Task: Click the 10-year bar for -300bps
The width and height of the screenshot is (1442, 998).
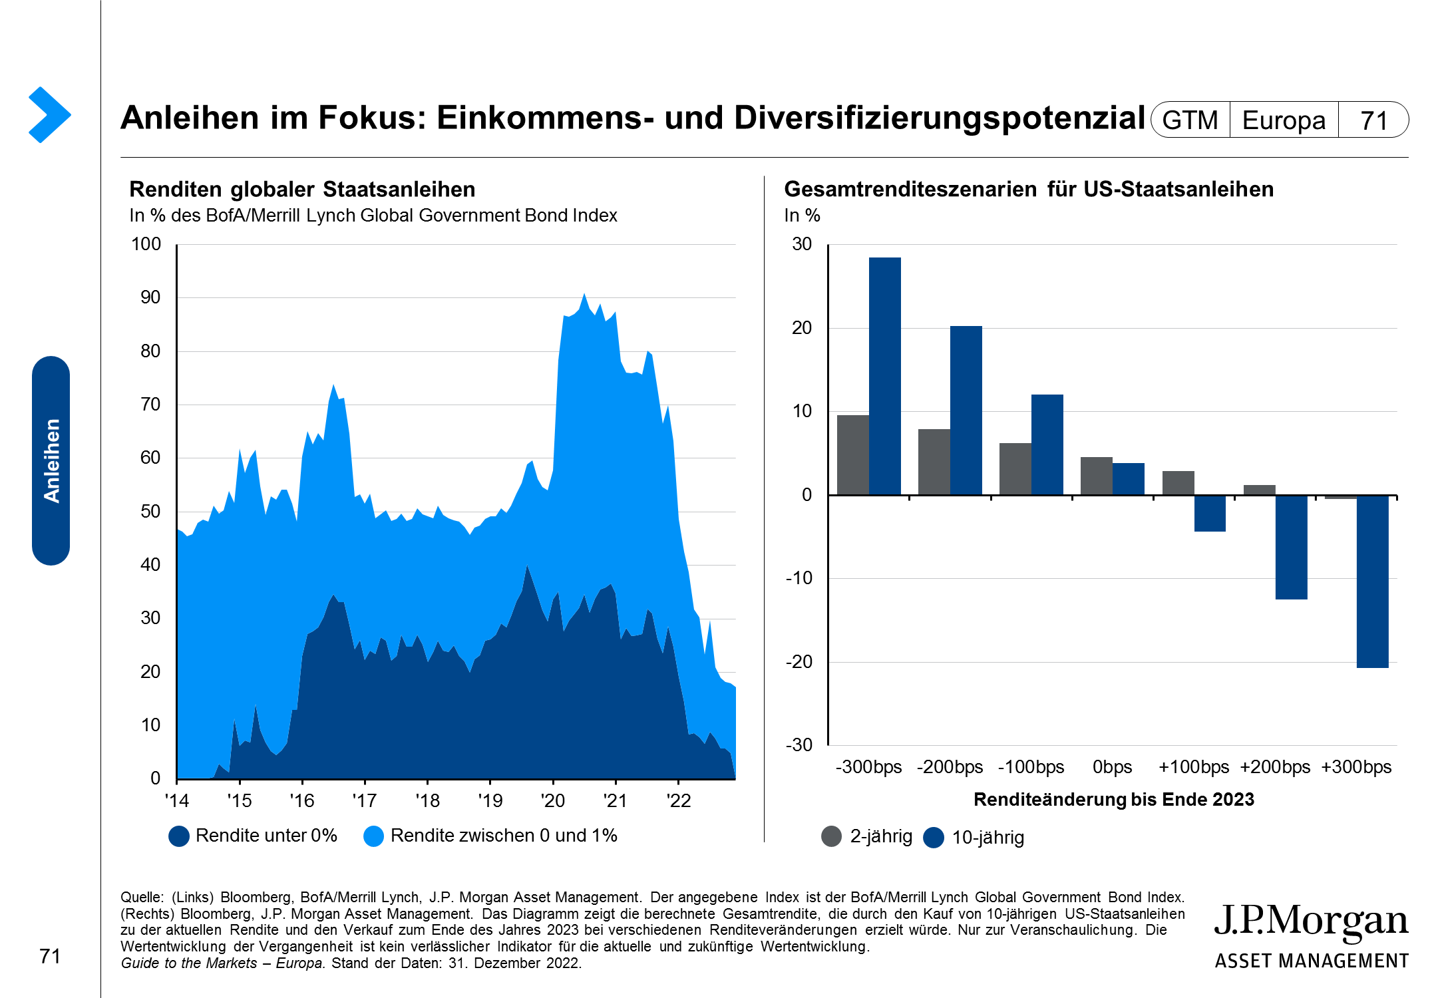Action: point(884,376)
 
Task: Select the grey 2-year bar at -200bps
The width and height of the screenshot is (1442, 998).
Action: point(934,462)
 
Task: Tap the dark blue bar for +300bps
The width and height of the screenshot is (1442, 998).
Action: point(1372,582)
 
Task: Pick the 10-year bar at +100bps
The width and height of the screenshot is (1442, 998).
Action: point(1210,513)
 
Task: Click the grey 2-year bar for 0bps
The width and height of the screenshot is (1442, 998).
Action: point(1096,476)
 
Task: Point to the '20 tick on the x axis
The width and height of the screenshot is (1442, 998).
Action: point(553,800)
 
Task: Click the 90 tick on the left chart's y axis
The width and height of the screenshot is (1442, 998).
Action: point(151,297)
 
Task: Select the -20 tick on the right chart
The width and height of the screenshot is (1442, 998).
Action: point(799,662)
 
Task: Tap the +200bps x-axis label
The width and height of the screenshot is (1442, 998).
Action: point(1275,767)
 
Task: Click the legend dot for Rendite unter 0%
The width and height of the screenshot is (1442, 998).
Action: point(179,836)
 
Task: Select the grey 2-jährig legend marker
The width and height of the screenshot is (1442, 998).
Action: point(832,836)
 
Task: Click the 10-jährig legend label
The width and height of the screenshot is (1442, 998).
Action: point(988,838)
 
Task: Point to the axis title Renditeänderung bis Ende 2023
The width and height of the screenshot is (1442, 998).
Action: point(1113,800)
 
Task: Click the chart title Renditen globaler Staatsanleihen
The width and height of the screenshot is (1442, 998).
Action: point(302,190)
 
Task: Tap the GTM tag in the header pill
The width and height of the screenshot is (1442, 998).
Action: point(1190,120)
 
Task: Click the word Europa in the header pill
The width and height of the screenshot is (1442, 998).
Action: point(1284,120)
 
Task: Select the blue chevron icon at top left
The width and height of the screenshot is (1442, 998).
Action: point(49,114)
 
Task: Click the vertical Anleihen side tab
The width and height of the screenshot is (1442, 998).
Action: point(51,460)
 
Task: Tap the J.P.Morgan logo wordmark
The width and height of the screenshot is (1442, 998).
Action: point(1311,921)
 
